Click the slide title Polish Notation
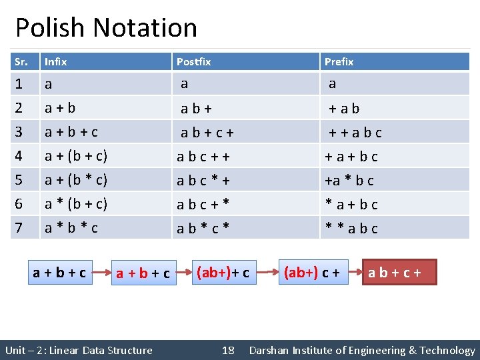[x=106, y=28]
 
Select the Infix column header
[x=55, y=62]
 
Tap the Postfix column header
[x=193, y=62]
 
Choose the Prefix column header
[x=339, y=62]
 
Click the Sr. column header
[x=21, y=62]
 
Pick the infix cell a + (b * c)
[x=76, y=180]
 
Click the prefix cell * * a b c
[x=351, y=229]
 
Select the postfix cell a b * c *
[x=203, y=229]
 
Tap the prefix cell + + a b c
[x=355, y=133]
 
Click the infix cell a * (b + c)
[x=76, y=204]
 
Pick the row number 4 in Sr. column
[x=19, y=157]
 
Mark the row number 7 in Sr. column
[x=19, y=228]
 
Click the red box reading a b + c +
[x=399, y=273]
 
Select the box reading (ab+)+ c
[x=223, y=273]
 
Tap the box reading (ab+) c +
[x=312, y=273]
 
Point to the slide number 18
[x=228, y=350]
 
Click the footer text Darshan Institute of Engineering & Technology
[x=362, y=350]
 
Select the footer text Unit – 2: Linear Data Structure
[x=79, y=350]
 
